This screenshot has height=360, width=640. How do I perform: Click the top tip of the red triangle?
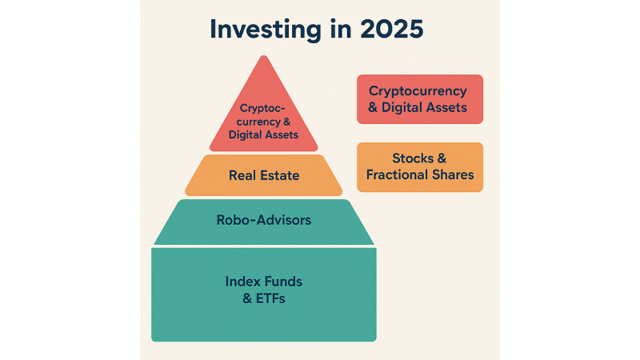pos(263,57)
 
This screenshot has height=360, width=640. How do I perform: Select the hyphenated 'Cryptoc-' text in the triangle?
pos(262,108)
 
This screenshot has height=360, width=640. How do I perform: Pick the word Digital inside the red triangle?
pos(246,134)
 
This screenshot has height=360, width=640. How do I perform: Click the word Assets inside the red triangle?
pos(282,134)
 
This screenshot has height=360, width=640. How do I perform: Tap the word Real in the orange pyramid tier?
pos(243,175)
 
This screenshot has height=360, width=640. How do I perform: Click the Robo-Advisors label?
pos(263,220)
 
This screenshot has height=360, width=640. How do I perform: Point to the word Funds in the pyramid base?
pos(282,282)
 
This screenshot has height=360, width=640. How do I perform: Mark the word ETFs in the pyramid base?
pos(271,299)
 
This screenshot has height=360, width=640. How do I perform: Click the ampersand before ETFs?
pos(248,299)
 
